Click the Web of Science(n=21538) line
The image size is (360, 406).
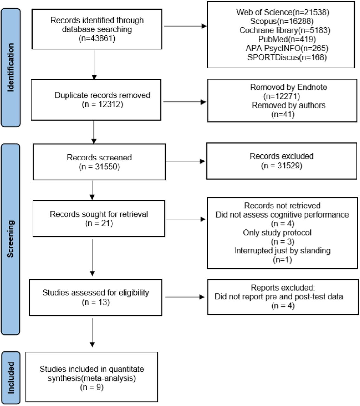282,12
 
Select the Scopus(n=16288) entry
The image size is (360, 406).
282,21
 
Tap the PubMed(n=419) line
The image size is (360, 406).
287,39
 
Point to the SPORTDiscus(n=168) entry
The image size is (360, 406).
287,57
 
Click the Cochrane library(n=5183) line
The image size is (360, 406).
285,30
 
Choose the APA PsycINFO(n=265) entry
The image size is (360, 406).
287,48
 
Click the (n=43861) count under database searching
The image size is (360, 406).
97,38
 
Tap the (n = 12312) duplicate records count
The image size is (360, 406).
102,104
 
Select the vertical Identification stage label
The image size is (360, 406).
10,68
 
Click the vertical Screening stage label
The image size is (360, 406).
10,239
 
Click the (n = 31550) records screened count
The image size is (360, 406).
99,167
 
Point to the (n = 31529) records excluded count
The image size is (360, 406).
281,166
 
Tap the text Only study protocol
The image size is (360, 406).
277,233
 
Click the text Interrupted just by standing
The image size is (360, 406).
282,251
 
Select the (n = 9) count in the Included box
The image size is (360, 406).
92,387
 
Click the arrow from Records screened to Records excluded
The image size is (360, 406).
185,161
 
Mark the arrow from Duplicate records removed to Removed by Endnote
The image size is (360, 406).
185,102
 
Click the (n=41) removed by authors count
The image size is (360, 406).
283,114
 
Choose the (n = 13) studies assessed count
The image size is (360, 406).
96,302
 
